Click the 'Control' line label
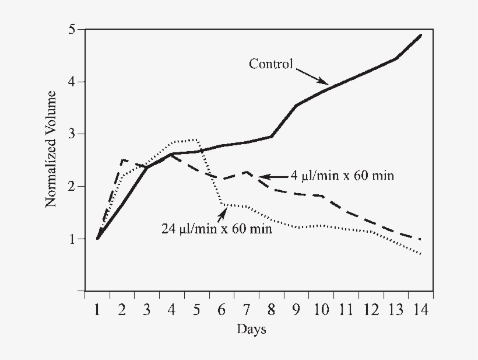tap(271, 64)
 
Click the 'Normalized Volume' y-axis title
tap(51, 149)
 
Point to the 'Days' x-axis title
tap(251, 330)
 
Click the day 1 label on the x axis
tap(97, 309)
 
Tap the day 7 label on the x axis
tap(247, 309)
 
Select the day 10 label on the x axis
tap(321, 309)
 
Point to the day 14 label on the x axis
tap(420, 309)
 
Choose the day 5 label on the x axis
tap(197, 309)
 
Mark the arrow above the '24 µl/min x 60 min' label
tap(222, 213)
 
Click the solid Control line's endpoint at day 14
tap(420, 36)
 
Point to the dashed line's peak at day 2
tap(122, 159)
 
